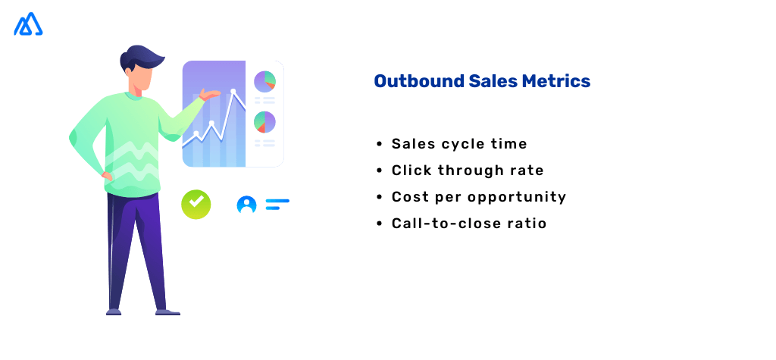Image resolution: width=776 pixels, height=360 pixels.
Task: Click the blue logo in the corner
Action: (28, 24)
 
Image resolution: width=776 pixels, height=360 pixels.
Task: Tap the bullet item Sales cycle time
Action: (459, 144)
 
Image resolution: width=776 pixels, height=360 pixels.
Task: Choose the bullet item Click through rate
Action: (468, 171)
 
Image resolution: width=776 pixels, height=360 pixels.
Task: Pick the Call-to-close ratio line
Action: (469, 224)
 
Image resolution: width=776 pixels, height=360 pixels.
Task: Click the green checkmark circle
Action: (196, 204)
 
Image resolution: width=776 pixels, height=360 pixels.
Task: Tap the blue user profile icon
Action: (246, 205)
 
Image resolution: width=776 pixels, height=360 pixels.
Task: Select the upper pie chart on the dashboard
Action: (264, 81)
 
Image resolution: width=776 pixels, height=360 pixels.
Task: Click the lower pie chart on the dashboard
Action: (264, 122)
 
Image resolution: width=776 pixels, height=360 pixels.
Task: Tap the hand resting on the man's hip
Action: (107, 176)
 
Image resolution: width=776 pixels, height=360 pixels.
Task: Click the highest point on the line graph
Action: (233, 91)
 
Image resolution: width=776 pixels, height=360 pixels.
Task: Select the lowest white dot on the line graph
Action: (196, 133)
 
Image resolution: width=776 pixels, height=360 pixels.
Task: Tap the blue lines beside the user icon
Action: (277, 205)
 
